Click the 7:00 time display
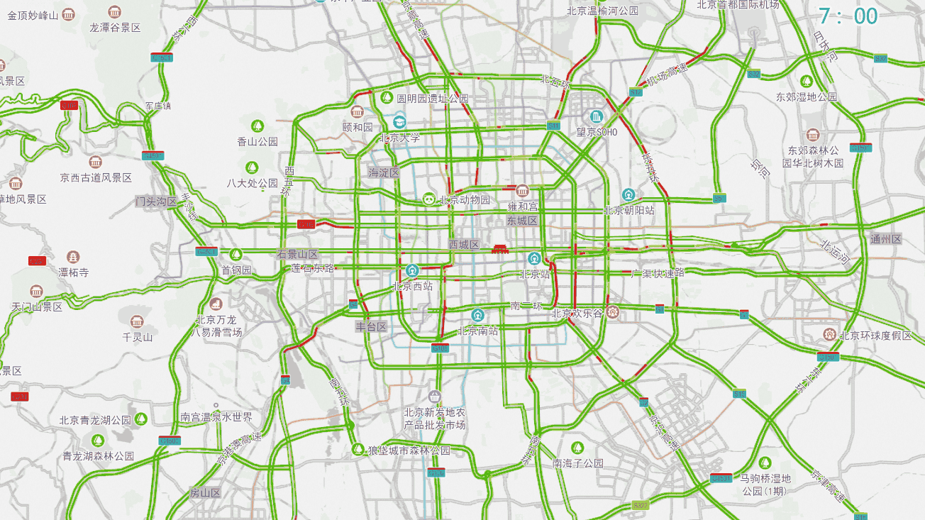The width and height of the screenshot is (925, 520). (x=848, y=16)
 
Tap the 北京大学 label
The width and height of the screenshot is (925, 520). (x=399, y=138)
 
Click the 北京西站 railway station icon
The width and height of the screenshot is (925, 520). (x=412, y=270)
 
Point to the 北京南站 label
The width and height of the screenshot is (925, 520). (x=477, y=331)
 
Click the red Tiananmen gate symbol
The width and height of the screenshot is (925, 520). (x=501, y=248)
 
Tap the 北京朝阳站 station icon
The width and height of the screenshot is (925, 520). (x=628, y=194)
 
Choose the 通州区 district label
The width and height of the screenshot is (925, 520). (x=885, y=239)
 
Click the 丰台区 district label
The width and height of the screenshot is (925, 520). (x=371, y=327)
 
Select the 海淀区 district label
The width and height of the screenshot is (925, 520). (x=384, y=172)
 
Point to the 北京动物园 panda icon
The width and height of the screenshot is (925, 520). (x=429, y=199)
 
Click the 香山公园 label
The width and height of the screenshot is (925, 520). (x=257, y=141)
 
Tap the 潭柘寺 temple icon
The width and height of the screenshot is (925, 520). (x=73, y=256)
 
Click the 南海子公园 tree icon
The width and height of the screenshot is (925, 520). (x=577, y=448)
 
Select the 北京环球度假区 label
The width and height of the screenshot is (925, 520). (x=875, y=336)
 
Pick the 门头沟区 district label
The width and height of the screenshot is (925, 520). (x=156, y=201)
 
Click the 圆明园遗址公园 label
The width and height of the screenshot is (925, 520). (x=432, y=98)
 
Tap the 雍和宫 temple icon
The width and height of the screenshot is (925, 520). (x=522, y=191)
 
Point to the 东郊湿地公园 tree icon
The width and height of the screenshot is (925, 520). (x=806, y=81)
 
